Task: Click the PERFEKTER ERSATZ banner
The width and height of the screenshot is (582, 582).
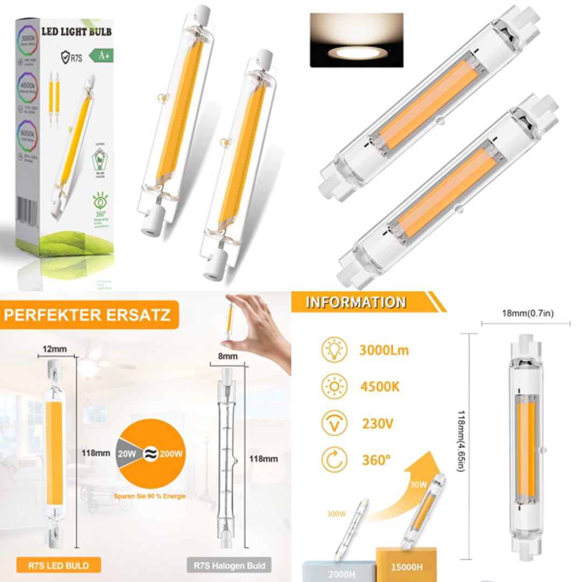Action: [87, 314]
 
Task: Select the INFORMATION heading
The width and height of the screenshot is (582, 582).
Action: [356, 302]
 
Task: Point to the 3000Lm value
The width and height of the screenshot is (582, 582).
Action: [384, 350]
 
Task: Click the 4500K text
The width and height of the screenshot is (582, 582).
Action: [380, 387]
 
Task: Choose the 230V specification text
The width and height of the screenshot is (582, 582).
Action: [377, 424]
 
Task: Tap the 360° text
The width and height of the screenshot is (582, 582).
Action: [375, 461]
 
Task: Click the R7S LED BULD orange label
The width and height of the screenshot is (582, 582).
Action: [58, 565]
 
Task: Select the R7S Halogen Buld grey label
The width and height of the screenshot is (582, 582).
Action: [230, 565]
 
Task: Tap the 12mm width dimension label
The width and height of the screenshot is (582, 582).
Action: [55, 349]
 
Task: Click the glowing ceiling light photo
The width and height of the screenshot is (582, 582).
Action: [356, 40]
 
